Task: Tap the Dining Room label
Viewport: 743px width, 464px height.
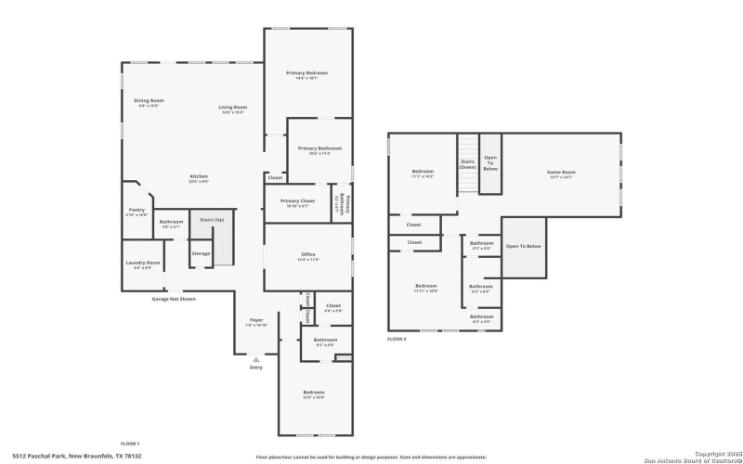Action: coord(149,101)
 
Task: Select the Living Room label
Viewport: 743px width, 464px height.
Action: coord(232,108)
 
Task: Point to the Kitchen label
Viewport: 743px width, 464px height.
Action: coord(199,177)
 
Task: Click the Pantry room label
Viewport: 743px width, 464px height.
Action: coord(137,211)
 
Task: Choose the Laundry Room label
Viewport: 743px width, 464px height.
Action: coord(143,264)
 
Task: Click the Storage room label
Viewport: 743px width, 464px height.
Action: coord(201,253)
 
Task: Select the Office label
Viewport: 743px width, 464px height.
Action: coord(308,255)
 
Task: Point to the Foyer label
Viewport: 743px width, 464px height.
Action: coord(255,320)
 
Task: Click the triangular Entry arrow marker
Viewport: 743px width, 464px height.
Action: coord(256,358)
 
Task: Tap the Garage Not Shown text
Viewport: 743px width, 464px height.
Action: coord(174,299)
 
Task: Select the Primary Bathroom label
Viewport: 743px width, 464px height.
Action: coord(319,148)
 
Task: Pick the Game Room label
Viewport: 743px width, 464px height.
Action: coord(561,173)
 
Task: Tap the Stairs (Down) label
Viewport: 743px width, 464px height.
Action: coord(468,164)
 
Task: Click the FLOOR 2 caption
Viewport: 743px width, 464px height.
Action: coord(397,340)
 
